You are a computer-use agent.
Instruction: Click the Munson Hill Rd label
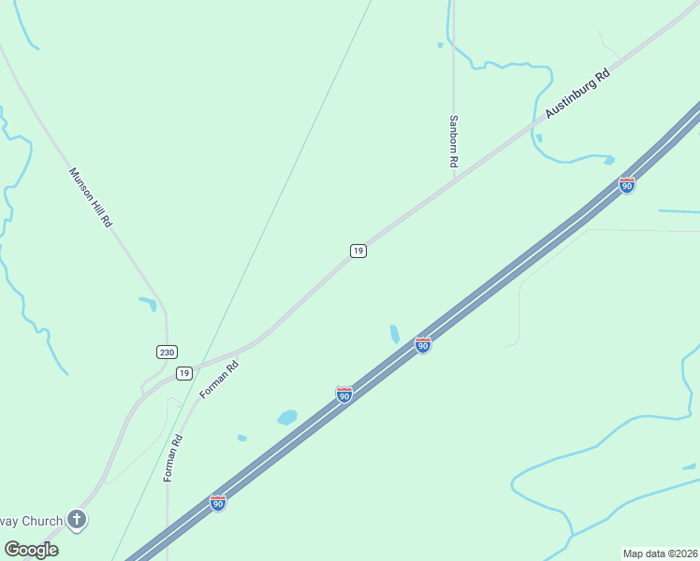click(x=91, y=198)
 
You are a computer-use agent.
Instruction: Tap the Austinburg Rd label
click(x=577, y=95)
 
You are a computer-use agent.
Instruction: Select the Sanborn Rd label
click(x=454, y=141)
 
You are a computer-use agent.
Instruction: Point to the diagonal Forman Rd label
click(x=220, y=381)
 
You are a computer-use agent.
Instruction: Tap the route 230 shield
click(x=167, y=352)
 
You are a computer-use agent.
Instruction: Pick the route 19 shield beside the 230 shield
click(x=183, y=373)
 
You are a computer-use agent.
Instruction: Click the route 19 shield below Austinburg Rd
click(x=357, y=251)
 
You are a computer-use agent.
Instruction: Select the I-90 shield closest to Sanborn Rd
click(x=627, y=185)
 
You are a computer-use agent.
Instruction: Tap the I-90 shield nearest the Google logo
click(x=218, y=503)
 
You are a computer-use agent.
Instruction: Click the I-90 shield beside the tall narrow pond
click(x=423, y=345)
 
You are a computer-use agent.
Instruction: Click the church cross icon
click(x=76, y=520)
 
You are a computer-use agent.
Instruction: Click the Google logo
click(x=31, y=550)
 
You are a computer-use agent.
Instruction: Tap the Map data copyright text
click(x=660, y=554)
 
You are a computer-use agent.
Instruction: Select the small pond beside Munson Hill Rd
click(x=148, y=303)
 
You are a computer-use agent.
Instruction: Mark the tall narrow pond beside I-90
click(x=395, y=334)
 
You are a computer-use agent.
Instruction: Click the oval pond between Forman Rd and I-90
click(x=286, y=417)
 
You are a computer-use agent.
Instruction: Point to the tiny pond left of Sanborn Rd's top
click(x=440, y=44)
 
